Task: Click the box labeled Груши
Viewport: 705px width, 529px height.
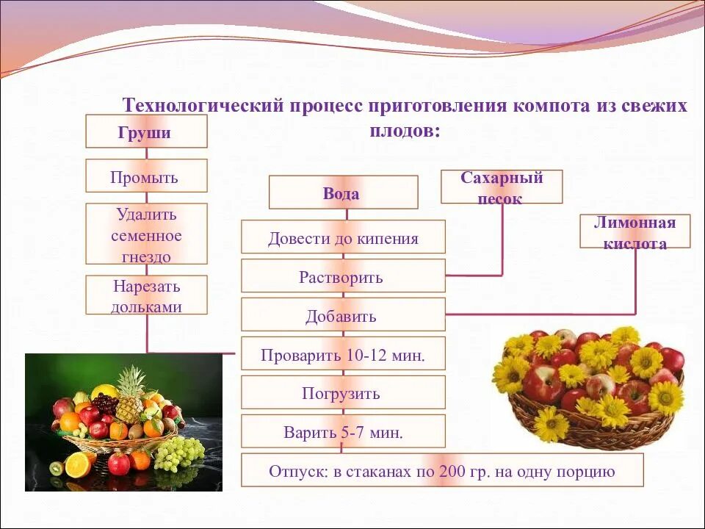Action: pos(146,132)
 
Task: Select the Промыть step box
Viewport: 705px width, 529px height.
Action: pos(146,176)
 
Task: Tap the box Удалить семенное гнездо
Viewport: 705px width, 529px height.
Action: pos(146,234)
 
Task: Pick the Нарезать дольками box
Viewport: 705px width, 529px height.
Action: pos(146,295)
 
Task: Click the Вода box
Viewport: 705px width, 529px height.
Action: pos(343,192)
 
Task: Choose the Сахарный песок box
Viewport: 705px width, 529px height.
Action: pos(502,187)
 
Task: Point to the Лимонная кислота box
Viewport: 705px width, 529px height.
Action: pos(634,231)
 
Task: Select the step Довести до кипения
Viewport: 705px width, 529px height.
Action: pos(343,237)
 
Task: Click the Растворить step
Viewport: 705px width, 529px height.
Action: pos(343,276)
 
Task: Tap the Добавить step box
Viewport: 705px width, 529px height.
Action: pos(343,315)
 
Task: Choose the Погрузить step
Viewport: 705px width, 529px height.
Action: pos(343,393)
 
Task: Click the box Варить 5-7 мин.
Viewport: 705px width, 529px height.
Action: pos(343,431)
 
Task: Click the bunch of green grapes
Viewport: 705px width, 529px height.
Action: pos(180,452)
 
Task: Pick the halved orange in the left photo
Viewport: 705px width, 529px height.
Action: pos(78,464)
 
